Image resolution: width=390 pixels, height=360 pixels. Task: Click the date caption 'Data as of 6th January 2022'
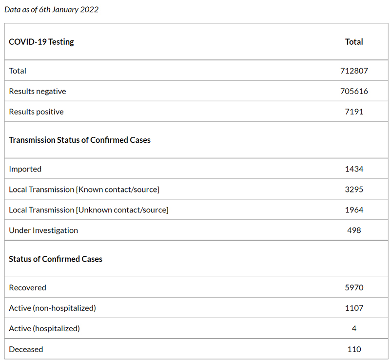point(52,10)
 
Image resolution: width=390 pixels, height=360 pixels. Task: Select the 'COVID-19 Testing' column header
point(41,42)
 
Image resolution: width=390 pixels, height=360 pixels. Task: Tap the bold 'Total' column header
point(354,42)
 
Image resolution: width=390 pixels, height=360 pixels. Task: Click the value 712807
point(354,71)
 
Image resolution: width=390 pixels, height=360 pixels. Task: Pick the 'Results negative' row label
point(38,92)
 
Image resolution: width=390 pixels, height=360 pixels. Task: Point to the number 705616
point(354,91)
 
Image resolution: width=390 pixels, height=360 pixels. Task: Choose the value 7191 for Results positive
point(354,112)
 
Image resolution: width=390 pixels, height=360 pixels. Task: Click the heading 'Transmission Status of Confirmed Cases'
point(79,140)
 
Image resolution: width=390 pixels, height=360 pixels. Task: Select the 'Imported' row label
point(25,169)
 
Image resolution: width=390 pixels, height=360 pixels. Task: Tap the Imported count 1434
point(354,169)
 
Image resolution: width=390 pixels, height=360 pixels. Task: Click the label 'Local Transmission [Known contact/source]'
point(84,189)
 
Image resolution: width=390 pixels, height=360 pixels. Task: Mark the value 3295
point(354,189)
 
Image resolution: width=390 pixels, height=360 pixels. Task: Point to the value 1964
point(354,210)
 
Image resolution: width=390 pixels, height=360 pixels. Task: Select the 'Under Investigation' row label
point(43,230)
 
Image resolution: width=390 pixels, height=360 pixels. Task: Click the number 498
point(354,230)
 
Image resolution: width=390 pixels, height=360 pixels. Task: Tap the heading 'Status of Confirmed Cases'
point(56,259)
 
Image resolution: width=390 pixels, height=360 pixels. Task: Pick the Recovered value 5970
point(354,287)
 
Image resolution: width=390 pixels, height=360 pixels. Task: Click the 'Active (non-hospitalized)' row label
point(52,308)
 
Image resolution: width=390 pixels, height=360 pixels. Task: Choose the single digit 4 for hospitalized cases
point(354,328)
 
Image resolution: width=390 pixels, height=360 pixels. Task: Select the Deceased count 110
point(354,349)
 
